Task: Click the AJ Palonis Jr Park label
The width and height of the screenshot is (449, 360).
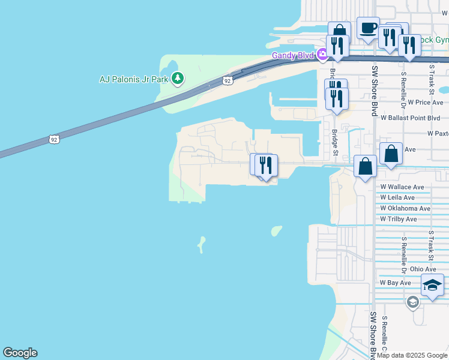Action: (x=134, y=79)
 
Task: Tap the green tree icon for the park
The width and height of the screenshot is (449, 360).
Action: (x=177, y=78)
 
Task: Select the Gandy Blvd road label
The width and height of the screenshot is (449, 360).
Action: (x=294, y=55)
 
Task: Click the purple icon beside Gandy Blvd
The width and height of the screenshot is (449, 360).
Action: (x=323, y=55)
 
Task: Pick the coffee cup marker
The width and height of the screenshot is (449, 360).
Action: (x=368, y=28)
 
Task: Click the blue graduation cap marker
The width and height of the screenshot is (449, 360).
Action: (x=432, y=285)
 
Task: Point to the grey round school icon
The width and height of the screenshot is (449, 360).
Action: (x=412, y=302)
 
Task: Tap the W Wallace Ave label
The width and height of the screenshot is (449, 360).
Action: (x=402, y=187)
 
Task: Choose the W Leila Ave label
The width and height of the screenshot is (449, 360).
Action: (x=397, y=197)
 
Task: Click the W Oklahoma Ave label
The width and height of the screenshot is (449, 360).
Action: (x=405, y=208)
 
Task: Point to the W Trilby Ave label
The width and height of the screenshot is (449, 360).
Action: (x=398, y=219)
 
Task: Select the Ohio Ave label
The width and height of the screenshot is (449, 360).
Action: (x=423, y=269)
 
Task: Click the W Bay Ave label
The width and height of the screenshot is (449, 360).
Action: (x=395, y=283)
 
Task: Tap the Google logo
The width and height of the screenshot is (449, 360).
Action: (x=20, y=353)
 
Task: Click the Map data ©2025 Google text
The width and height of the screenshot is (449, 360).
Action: (x=411, y=356)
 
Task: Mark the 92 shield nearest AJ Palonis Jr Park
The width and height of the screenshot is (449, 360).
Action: (x=226, y=80)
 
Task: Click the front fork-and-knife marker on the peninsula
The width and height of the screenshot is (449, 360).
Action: (x=265, y=166)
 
